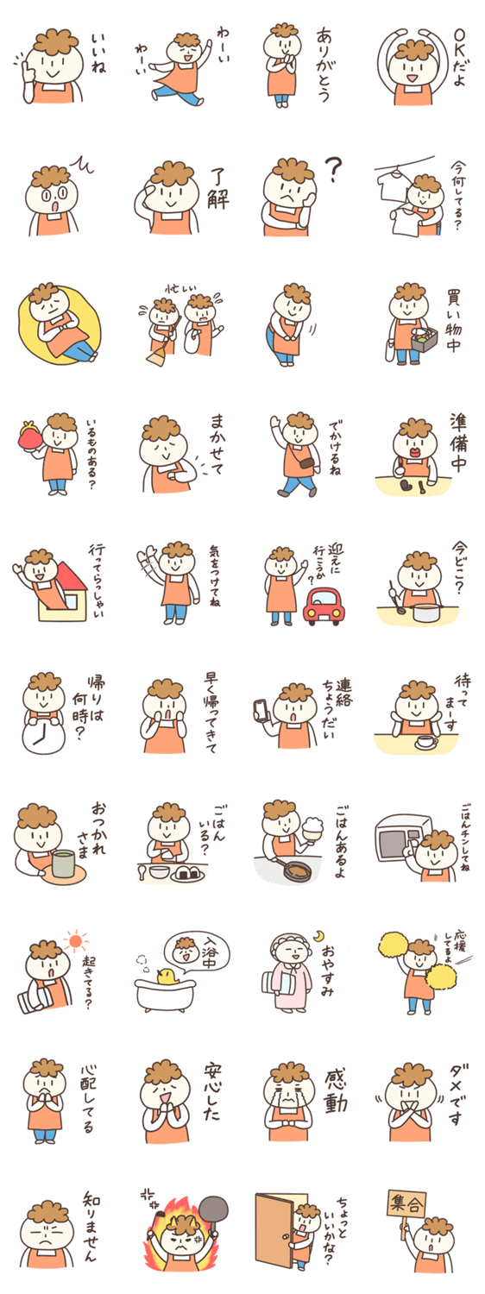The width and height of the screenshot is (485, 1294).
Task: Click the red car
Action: tap(324, 606)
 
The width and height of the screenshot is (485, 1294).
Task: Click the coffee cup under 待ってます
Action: tap(426, 741)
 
